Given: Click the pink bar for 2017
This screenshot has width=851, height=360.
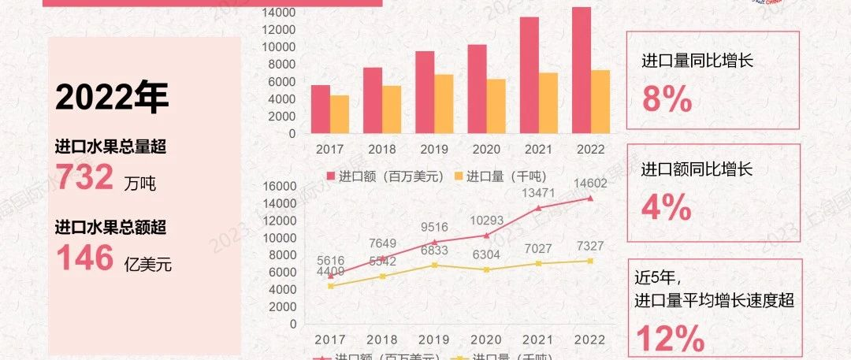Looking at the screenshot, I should [x=321, y=109].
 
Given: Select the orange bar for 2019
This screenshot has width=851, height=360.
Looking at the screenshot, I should [x=444, y=104].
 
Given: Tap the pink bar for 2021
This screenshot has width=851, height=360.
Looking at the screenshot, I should [x=530, y=76].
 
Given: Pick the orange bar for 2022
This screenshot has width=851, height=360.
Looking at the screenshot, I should [x=600, y=102].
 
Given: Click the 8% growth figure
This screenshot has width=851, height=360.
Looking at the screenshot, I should [x=667, y=100].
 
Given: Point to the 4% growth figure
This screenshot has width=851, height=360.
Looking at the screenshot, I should [x=667, y=208].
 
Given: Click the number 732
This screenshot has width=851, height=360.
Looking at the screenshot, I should [x=85, y=178].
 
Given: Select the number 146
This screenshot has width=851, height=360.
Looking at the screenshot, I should [x=85, y=258].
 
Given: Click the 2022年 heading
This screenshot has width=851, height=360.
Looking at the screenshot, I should [x=112, y=98].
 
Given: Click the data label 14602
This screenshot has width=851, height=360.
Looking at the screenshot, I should [x=591, y=184].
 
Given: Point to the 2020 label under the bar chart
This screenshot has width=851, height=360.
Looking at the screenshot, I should [x=487, y=149].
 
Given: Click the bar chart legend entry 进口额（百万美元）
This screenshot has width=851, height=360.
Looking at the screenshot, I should [x=385, y=176].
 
